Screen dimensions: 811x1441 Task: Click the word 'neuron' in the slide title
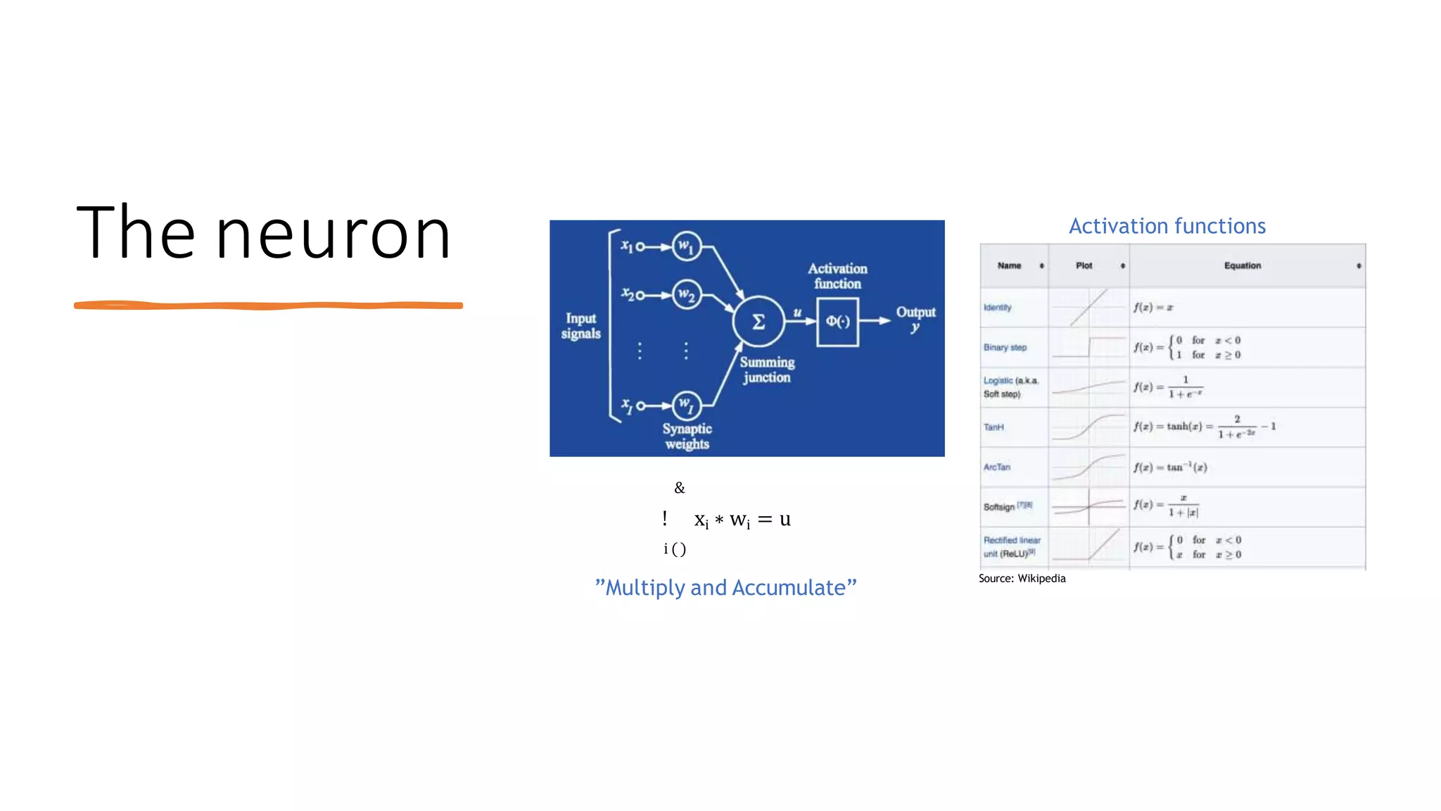333,234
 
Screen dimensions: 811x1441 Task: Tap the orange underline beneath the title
268,306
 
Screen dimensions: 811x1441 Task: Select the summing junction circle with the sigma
758,322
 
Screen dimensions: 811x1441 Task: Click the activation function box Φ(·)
837,322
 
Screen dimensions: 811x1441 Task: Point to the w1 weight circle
686,247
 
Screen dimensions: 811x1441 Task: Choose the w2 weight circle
686,294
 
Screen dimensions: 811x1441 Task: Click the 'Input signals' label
580,326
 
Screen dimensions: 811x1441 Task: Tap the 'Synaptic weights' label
687,436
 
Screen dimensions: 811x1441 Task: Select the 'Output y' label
915,318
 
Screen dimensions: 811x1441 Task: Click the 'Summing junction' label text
767,370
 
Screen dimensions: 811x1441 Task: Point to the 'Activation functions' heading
1167,226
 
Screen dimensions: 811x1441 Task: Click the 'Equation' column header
1242,265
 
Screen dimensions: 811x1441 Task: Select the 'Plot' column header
1084,265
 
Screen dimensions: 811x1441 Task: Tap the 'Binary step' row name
1005,348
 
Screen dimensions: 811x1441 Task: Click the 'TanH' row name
994,427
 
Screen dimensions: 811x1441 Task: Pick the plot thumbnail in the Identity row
1088,308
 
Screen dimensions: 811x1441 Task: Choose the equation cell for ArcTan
1170,467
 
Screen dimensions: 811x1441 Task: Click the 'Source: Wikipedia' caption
1022,579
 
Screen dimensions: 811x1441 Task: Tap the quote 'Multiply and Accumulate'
725,587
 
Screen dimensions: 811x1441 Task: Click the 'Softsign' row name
999,507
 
